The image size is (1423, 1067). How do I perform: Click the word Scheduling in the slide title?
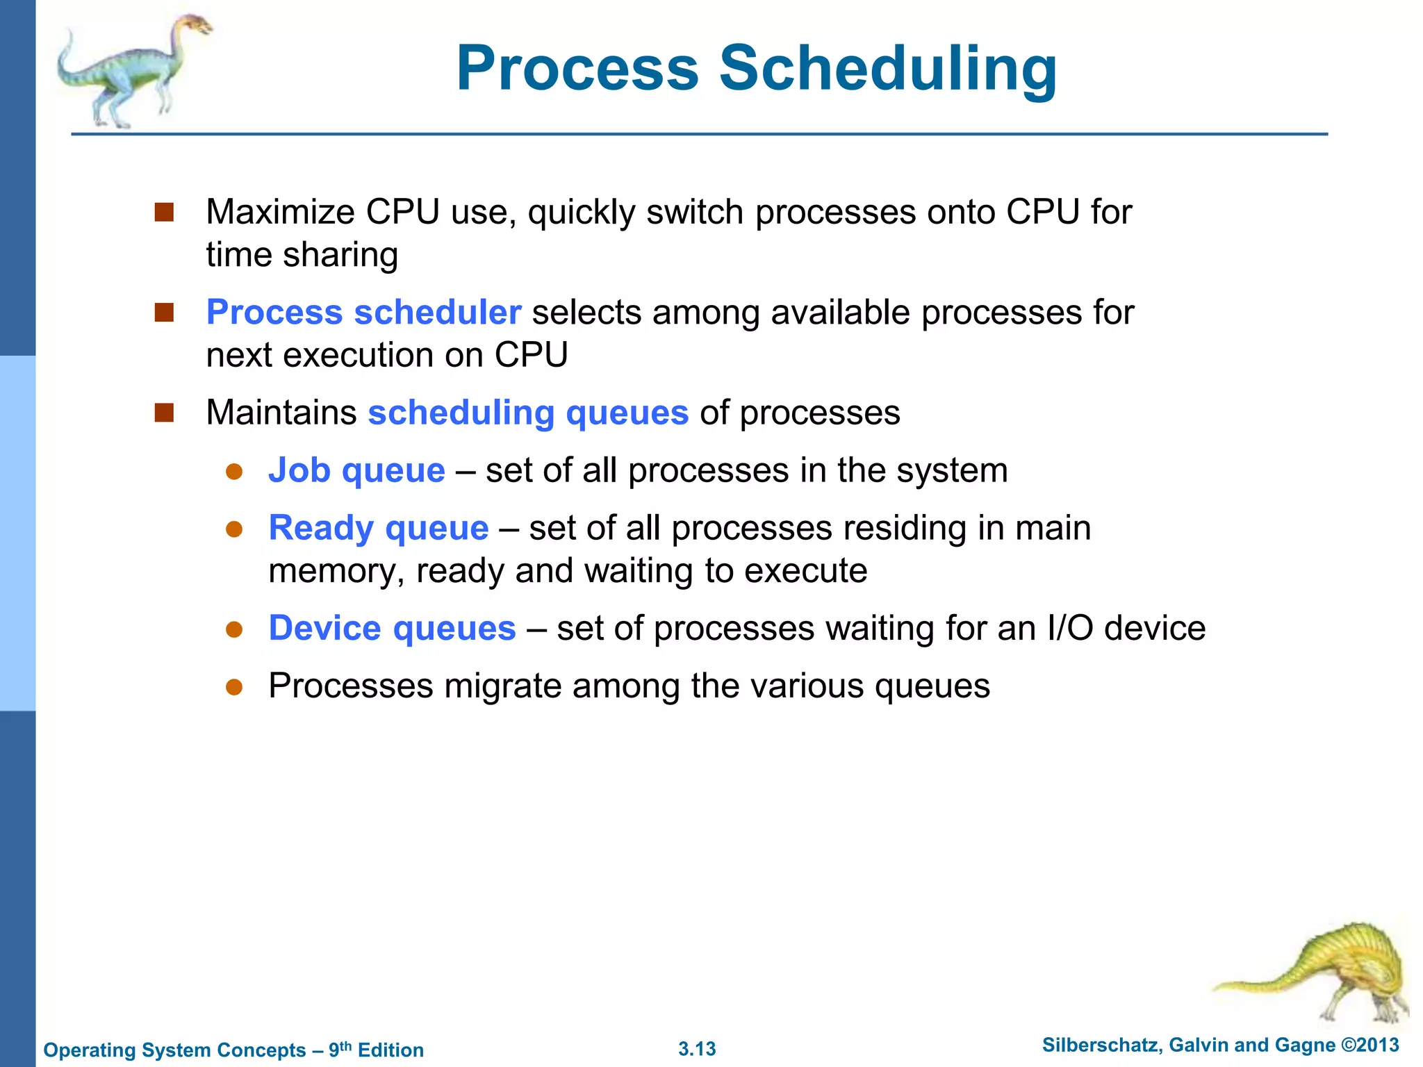tap(887, 68)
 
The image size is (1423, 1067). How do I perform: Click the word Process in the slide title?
tap(577, 68)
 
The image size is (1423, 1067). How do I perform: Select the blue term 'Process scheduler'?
tap(363, 312)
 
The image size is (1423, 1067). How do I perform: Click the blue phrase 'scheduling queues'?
tap(528, 413)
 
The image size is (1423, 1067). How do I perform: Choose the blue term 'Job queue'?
tap(356, 470)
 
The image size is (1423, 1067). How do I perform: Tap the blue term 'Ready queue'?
tap(379, 528)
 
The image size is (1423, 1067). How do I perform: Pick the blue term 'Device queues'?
tap(392, 628)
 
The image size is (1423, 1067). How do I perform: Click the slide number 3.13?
tap(697, 1049)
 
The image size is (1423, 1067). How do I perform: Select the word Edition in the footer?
tap(390, 1050)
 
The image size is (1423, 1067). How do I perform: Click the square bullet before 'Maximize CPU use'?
tap(164, 212)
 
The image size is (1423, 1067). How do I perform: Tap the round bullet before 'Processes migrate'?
tap(234, 687)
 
